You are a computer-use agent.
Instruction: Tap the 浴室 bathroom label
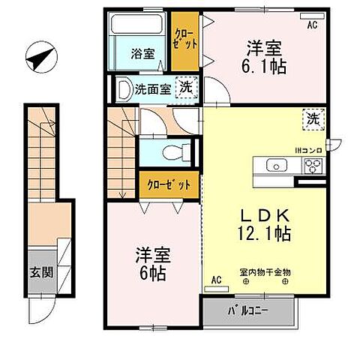pos(143,54)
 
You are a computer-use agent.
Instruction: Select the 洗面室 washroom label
pos(152,89)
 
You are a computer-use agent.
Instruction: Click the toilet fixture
pos(175,152)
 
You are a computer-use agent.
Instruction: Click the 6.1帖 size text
pos(266,65)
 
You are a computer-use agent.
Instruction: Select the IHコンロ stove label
pos(307,151)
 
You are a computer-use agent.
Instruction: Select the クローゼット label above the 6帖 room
pos(163,184)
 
